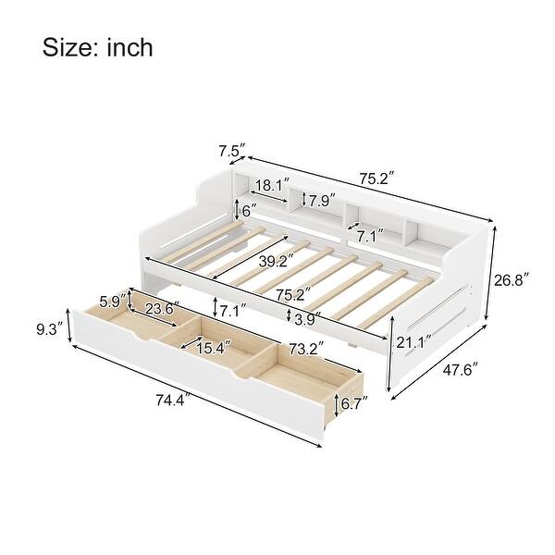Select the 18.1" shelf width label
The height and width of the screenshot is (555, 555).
(271, 184)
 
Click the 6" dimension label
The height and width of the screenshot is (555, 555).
(247, 210)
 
